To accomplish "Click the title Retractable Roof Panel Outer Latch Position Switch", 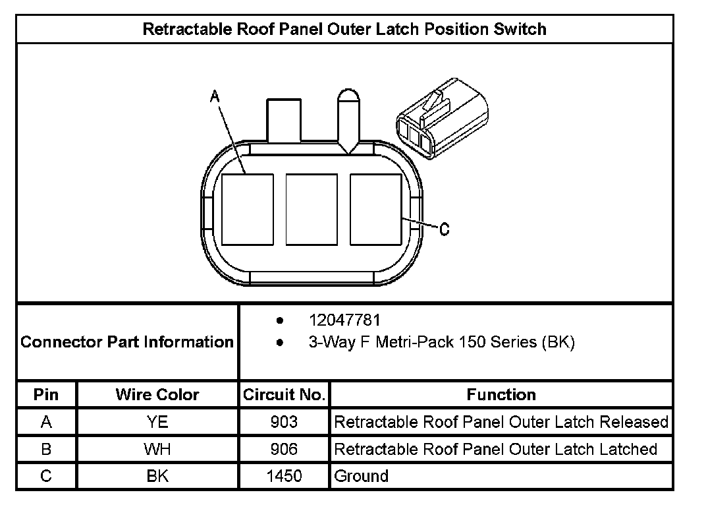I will pos(344,30).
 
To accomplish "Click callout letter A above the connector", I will pos(214,97).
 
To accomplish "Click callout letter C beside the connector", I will pos(445,229).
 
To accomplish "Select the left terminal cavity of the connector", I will pos(247,209).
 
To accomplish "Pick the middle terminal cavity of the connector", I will pos(312,209).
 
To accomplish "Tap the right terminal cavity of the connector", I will pos(375,209).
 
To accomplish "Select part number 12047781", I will pos(344,321).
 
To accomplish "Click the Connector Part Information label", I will pos(127,342).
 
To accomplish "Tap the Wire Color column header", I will pos(157,395).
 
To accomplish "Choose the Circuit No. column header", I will pos(284,395).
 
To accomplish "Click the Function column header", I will pos(501,395).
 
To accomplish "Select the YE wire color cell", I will pos(157,422).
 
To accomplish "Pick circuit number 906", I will pos(284,449).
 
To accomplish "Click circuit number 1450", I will pos(284,476).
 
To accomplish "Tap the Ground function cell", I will pos(362,476).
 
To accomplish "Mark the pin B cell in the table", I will pos(46,449).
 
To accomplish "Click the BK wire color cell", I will pos(157,476).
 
